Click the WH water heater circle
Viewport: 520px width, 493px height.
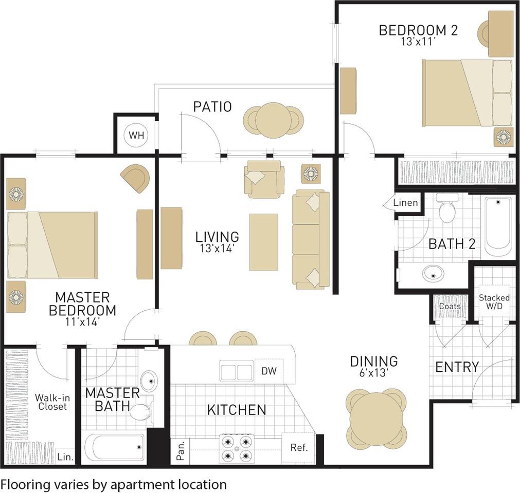click(136, 135)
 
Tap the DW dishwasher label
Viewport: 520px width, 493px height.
click(269, 371)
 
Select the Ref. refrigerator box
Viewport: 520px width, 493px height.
click(298, 448)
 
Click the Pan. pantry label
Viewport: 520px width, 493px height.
click(181, 451)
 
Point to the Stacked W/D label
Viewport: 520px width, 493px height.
click(494, 301)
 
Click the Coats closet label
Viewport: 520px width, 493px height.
click(450, 306)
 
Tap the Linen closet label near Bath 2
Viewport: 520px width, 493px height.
click(405, 202)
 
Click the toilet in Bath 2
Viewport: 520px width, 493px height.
click(447, 208)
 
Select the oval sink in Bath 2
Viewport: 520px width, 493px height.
click(434, 274)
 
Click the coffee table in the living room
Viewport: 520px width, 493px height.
click(264, 242)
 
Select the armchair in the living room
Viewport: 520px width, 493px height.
click(264, 179)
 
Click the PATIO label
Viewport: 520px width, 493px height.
click(212, 107)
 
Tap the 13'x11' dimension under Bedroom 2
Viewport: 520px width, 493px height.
click(418, 42)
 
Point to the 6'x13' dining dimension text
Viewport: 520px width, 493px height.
click(374, 373)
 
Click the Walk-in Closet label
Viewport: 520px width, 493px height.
click(52, 402)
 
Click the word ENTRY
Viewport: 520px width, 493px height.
click(457, 367)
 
